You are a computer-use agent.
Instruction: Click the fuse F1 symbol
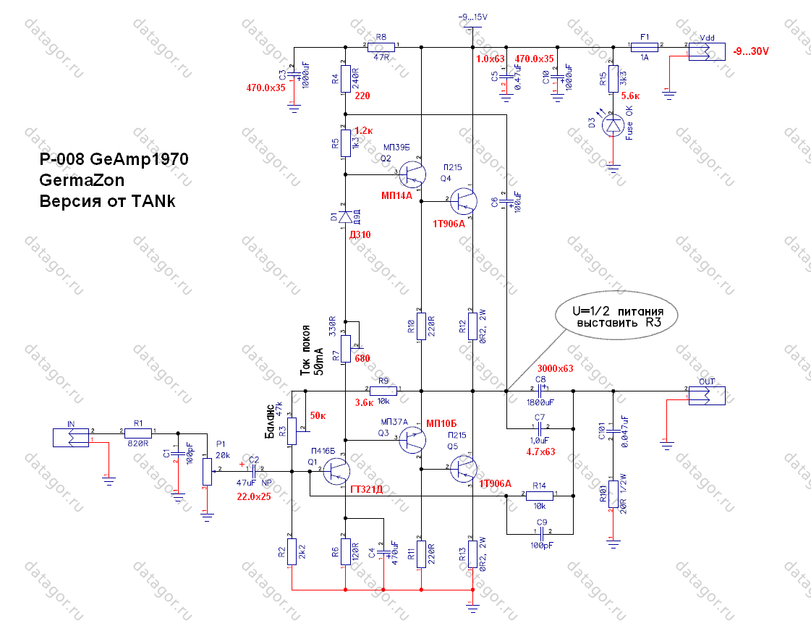[645, 47]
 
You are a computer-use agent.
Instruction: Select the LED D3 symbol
[613, 126]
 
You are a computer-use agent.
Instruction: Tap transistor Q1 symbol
[336, 471]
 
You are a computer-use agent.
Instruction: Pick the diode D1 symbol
[346, 216]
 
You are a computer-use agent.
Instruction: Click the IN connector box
[71, 437]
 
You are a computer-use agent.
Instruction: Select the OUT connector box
[707, 396]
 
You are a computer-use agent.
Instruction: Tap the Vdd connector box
[707, 51]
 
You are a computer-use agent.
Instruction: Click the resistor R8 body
[381, 47]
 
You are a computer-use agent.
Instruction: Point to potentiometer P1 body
[207, 471]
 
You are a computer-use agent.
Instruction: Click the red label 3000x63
[555, 368]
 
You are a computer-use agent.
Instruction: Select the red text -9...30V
[751, 51]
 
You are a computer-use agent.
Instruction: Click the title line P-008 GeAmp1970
[114, 158]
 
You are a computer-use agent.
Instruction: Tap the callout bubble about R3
[616, 315]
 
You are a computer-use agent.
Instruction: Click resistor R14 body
[540, 496]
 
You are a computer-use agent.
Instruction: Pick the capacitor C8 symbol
[540, 391]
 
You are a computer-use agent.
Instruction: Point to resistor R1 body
[138, 433]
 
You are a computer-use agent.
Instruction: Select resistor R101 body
[613, 494]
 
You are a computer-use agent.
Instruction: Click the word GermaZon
[82, 180]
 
